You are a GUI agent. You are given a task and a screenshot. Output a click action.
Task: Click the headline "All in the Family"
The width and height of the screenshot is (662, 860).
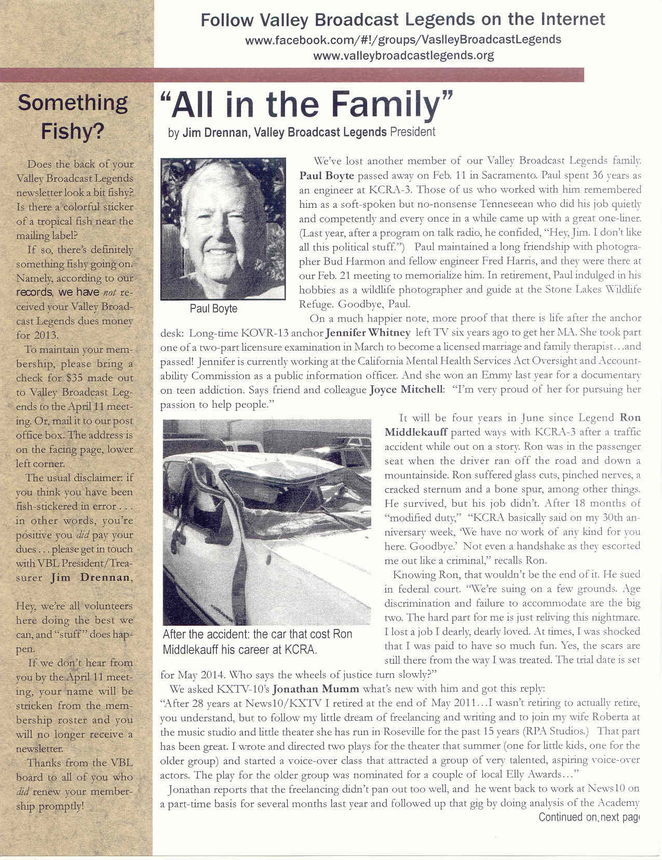point(307,103)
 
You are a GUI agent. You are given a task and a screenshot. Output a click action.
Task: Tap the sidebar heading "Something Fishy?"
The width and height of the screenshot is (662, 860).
point(73,117)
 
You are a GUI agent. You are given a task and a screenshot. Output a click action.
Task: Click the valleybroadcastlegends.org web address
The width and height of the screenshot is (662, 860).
point(403,55)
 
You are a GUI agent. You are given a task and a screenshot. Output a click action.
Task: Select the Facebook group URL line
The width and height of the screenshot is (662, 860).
point(403,39)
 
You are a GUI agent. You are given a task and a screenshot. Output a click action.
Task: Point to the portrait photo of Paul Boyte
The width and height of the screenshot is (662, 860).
point(223,229)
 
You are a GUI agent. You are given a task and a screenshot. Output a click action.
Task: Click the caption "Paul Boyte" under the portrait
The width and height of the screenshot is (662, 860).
point(213,308)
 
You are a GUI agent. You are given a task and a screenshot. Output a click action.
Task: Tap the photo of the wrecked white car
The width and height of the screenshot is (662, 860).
point(267,521)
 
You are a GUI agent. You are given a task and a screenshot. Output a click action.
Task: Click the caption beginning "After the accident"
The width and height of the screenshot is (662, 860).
point(258,642)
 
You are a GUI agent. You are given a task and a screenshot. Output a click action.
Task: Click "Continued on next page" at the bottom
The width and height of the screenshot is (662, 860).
point(588,817)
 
